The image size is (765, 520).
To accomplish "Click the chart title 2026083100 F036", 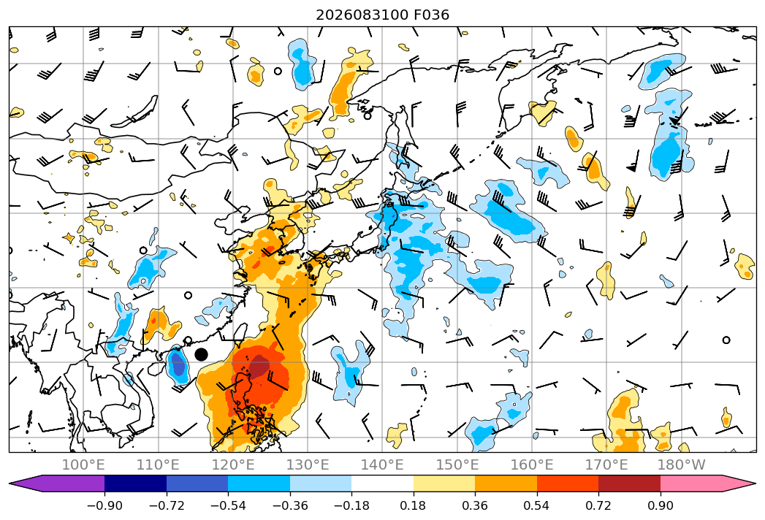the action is coord(383,15).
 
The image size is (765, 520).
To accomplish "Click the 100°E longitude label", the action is coord(83,464).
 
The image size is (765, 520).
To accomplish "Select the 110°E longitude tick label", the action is coord(158,464).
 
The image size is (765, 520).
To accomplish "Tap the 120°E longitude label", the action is coord(233,464).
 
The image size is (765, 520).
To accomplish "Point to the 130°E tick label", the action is coord(308,464).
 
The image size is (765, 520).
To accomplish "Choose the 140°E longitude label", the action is coord(382,464).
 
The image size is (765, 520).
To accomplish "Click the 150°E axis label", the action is coord(457,464).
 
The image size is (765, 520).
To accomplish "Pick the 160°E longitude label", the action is coord(532,464).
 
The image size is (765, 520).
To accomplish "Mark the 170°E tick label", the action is coord(606,464).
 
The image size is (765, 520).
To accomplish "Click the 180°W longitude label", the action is coord(681,464).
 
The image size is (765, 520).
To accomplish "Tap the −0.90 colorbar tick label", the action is coord(104,505).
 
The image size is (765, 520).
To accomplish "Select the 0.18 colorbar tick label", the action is coord(414,505).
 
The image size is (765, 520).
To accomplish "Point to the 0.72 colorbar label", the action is coord(598,505).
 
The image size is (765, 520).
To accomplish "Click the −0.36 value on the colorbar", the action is coord(290,505).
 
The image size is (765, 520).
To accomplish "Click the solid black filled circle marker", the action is coord(201,355).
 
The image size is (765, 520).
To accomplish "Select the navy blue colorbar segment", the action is coord(135,483).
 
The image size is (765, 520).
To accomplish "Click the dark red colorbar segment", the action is coord(629,483).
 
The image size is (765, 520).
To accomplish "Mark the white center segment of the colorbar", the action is coord(383,483).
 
